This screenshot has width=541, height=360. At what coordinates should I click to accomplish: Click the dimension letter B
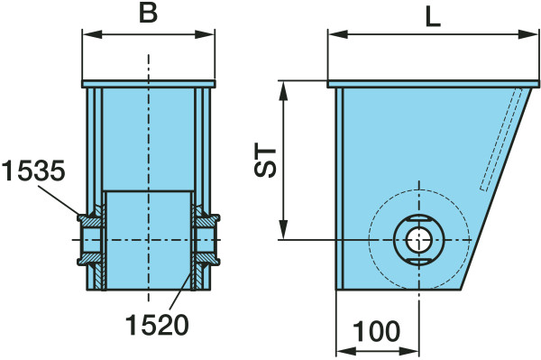[x=148, y=14]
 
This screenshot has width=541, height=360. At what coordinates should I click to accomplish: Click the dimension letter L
[x=433, y=17]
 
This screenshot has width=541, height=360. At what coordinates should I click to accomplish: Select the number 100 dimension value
[x=376, y=331]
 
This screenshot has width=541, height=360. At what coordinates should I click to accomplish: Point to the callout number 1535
[x=33, y=171]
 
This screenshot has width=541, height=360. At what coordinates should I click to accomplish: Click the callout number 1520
[x=157, y=325]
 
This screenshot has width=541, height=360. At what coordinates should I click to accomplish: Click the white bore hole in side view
[x=419, y=240]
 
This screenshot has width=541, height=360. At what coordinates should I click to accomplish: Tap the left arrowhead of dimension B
[x=92, y=34]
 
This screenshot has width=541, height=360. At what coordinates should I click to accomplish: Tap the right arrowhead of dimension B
[x=205, y=34]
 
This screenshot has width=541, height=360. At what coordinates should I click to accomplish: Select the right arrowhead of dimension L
[x=528, y=34]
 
